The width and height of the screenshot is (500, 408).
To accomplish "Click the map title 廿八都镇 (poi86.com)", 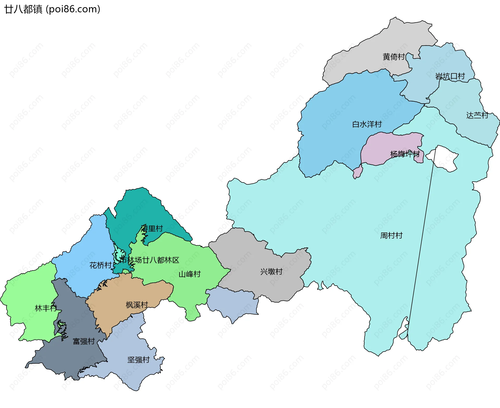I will [x=52, y=9].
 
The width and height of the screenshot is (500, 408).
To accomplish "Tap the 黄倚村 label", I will [x=393, y=57].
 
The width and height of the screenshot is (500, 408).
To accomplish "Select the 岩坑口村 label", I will [x=450, y=76].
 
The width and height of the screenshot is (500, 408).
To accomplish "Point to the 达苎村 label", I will [x=477, y=115].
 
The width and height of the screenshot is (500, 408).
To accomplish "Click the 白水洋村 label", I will [x=367, y=124].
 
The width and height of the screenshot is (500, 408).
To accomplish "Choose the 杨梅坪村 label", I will [x=405, y=154].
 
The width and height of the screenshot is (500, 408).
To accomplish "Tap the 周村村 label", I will [x=391, y=236].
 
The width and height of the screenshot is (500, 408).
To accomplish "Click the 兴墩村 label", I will [x=271, y=272].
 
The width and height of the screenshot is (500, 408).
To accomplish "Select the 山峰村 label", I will [x=190, y=274].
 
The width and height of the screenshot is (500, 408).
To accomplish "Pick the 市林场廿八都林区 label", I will [x=149, y=260].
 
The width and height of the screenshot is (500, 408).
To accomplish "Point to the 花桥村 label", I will [x=101, y=265].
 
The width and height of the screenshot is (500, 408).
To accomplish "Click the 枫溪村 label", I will [x=137, y=305].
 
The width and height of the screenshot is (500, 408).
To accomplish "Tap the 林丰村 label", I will [x=46, y=308].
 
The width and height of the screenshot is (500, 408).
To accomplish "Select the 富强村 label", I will [x=84, y=341].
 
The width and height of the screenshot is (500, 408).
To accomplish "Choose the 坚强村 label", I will [x=138, y=360].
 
